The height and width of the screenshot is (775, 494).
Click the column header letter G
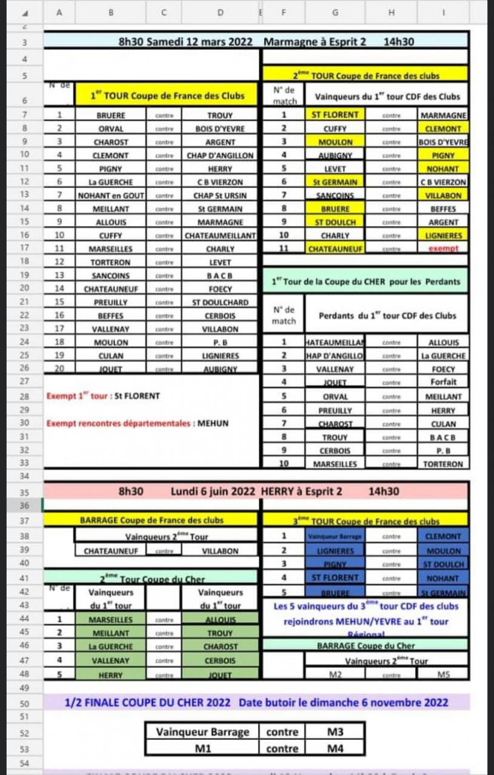335,10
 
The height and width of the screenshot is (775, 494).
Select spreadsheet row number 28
25,396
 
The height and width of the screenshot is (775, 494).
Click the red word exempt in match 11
442,248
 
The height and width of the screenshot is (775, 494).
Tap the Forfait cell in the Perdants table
442,382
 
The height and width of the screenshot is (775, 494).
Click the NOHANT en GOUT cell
110,196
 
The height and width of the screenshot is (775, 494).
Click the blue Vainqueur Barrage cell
335,537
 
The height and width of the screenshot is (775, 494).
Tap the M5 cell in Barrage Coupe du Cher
442,674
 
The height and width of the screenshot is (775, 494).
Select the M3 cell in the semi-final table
335,731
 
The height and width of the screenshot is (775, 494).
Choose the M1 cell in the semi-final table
202,748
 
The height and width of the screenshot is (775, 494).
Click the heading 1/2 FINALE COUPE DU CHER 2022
147,703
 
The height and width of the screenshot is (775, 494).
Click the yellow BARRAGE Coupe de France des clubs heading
152,520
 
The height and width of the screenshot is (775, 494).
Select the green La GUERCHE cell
110,647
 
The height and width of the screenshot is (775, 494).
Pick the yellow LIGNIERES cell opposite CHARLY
442,235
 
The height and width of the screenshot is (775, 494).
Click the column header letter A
59,10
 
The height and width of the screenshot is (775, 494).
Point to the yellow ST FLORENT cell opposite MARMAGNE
335,115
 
